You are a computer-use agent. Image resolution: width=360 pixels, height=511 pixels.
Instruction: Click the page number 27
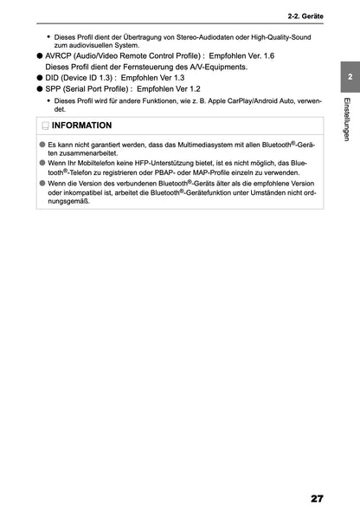pos(316,498)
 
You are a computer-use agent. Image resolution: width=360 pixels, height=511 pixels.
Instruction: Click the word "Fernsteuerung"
pos(143,67)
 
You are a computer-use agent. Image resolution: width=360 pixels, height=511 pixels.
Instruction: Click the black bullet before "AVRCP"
pos(40,55)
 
